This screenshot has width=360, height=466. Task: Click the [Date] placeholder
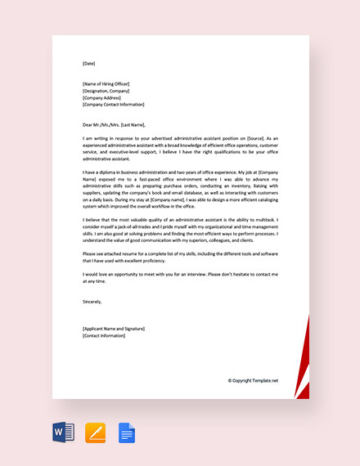(x=89, y=62)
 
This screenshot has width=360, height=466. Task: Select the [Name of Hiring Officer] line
(x=106, y=84)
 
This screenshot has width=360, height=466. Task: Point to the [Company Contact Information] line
(x=113, y=105)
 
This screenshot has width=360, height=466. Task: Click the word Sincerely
(x=92, y=301)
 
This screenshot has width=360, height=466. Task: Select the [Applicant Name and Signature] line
(x=114, y=328)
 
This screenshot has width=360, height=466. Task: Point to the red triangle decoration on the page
(x=304, y=360)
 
